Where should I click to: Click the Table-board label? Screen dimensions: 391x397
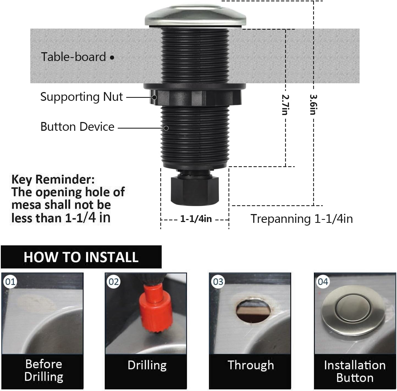coord(73,57)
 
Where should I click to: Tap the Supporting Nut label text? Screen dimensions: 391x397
coord(81,97)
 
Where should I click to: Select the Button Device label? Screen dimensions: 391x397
coord(77,127)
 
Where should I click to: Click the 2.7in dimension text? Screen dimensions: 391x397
coord(285,105)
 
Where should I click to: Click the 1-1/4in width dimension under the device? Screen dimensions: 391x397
coord(196,219)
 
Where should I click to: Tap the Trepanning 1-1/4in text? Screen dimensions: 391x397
coord(302,219)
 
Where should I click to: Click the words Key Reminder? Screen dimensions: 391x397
coord(53,179)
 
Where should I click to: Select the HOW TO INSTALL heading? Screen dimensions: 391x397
coord(81,257)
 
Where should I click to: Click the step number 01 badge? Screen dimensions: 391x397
coord(10,282)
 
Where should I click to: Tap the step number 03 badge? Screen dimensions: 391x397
coord(218,282)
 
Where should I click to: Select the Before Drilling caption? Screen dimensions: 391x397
coord(44,370)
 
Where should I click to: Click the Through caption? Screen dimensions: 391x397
coord(251,365)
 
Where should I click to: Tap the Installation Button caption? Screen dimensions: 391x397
coord(355,371)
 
